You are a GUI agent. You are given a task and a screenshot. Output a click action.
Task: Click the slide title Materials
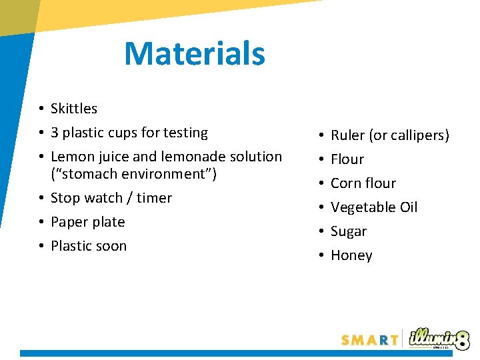click(x=195, y=54)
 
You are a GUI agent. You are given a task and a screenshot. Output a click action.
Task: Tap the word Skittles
click(x=74, y=109)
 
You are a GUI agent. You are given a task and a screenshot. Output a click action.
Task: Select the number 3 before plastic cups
click(x=55, y=133)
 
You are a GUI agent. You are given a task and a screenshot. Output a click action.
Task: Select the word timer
click(x=154, y=198)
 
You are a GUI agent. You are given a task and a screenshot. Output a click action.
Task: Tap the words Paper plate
click(x=88, y=222)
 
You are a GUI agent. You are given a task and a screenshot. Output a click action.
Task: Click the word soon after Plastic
click(x=111, y=246)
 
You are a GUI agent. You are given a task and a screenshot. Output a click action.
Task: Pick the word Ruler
click(x=348, y=135)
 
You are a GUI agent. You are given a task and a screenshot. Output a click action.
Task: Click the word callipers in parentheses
click(x=418, y=135)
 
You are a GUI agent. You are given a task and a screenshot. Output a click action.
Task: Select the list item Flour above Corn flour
click(x=347, y=159)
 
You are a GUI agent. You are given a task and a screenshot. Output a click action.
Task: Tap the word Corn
click(x=345, y=183)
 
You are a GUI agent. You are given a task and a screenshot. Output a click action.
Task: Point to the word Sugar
click(x=349, y=231)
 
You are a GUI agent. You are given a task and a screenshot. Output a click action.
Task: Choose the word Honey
click(x=351, y=255)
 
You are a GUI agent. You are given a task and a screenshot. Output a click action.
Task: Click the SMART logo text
click(x=369, y=340)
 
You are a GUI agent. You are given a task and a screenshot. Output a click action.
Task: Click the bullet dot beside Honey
click(x=321, y=255)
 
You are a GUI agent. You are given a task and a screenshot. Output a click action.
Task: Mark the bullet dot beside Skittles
click(x=41, y=109)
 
